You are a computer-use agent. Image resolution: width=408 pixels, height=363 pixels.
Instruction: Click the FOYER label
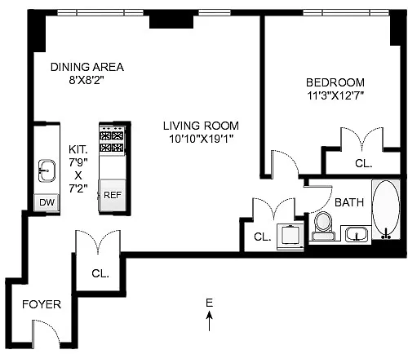[42, 304]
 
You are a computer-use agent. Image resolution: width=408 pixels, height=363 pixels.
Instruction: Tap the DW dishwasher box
[47, 202]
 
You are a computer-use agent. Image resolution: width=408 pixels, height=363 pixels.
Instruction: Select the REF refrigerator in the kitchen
[113, 195]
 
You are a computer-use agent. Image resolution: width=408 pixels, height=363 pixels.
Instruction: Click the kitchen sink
[47, 170]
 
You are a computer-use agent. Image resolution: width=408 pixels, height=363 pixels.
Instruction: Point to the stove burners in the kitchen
[113, 141]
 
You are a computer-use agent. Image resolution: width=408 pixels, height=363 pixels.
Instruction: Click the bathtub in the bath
[386, 209]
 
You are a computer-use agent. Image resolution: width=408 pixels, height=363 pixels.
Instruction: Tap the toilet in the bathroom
[323, 226]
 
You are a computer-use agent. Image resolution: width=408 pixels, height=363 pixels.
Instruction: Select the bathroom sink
[356, 234]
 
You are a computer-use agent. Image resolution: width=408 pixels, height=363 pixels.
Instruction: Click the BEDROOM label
[335, 82]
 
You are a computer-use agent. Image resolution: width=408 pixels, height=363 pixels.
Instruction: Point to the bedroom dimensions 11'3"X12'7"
[335, 95]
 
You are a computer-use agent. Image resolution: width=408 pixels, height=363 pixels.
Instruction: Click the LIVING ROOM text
[201, 126]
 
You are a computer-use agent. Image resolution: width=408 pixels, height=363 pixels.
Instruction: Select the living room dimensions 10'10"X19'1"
[202, 139]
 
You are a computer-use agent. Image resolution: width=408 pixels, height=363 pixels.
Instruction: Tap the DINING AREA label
[87, 67]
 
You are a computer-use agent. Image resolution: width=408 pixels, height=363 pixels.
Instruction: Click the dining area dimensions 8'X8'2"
[86, 80]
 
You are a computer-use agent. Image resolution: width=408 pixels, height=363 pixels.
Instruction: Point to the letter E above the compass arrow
[209, 303]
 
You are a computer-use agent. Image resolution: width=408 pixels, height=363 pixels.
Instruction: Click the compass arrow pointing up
[209, 321]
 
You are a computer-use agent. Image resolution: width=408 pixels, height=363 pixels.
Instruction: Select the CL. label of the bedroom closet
[363, 163]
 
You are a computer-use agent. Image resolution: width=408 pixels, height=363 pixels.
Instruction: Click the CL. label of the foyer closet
[100, 273]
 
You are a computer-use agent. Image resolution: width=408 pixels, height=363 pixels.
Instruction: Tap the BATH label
[349, 202]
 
